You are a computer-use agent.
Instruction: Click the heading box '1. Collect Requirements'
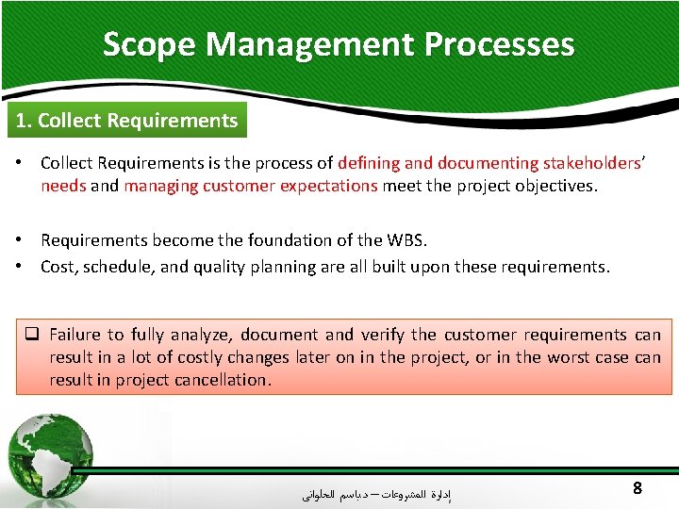124,121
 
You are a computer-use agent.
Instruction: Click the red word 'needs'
63,186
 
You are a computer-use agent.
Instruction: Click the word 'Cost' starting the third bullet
58,267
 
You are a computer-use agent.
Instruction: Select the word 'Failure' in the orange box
75,335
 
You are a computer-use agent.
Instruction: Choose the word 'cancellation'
222,380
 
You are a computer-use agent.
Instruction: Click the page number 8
638,488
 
